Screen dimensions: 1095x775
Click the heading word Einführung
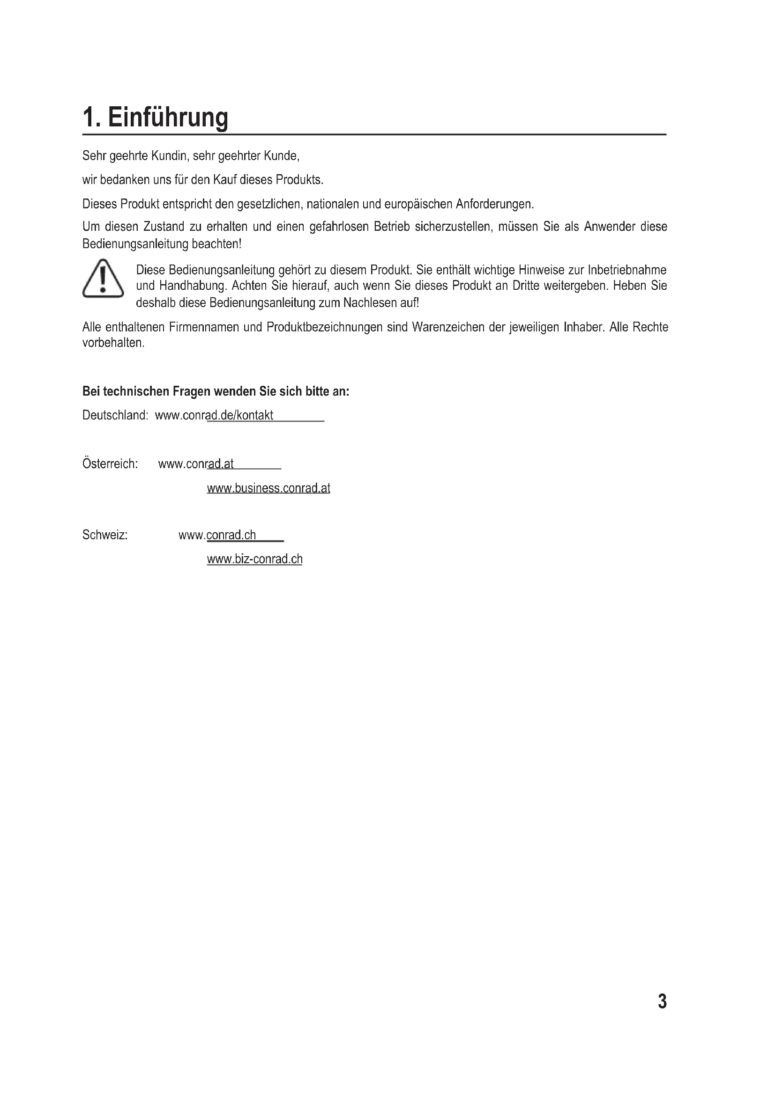pyautogui.click(x=168, y=118)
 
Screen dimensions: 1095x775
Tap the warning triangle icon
pyautogui.click(x=103, y=279)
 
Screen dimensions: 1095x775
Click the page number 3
pyautogui.click(x=662, y=1001)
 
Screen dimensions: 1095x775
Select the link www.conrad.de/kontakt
pyautogui.click(x=214, y=415)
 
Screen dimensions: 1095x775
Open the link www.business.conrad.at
pyautogui.click(x=268, y=488)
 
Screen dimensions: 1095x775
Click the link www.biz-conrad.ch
pyautogui.click(x=254, y=559)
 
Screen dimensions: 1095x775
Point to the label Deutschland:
pyautogui.click(x=115, y=415)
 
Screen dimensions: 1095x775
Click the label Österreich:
pyautogui.click(x=110, y=463)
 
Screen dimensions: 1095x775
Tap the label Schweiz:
pyautogui.click(x=105, y=535)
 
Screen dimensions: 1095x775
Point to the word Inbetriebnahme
pyautogui.click(x=626, y=270)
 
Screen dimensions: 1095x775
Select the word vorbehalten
pyautogui.click(x=112, y=343)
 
